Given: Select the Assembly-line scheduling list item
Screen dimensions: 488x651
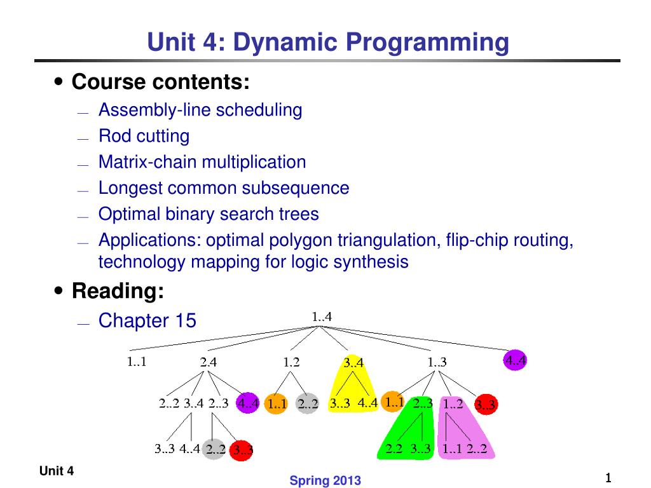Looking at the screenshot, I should point(200,110).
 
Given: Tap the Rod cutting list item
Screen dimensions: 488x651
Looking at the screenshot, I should point(144,136).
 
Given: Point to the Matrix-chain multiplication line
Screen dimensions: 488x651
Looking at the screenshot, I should point(202,162).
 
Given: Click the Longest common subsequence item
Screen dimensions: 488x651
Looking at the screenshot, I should point(224,188).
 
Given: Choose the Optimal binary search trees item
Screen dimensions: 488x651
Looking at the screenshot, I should point(209,214).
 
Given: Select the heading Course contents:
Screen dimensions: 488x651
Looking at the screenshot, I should point(161,82).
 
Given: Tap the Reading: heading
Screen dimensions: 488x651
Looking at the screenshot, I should point(118,291).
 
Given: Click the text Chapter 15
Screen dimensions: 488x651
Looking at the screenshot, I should point(147,321).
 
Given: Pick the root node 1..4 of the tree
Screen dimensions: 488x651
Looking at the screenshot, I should point(322,316).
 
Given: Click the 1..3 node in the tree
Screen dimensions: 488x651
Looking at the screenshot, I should point(437,363).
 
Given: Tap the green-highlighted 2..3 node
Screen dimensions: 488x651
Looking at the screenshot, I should point(423,403).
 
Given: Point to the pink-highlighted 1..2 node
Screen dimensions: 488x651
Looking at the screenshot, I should point(453,403).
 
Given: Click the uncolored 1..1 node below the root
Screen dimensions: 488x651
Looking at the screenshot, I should point(137,363).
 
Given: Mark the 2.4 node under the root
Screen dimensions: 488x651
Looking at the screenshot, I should point(209,363).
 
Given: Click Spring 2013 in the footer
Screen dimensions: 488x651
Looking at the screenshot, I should point(325,481).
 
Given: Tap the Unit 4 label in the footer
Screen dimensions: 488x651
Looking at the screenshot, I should point(57,471).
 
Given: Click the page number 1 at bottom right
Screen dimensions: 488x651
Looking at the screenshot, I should point(608,478).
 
